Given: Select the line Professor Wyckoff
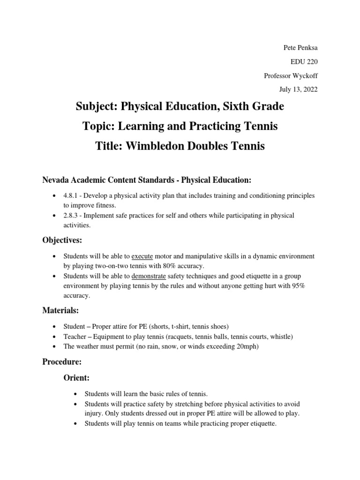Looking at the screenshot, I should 291,75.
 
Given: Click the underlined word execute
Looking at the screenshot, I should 142,256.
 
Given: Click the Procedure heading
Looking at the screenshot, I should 62,361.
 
